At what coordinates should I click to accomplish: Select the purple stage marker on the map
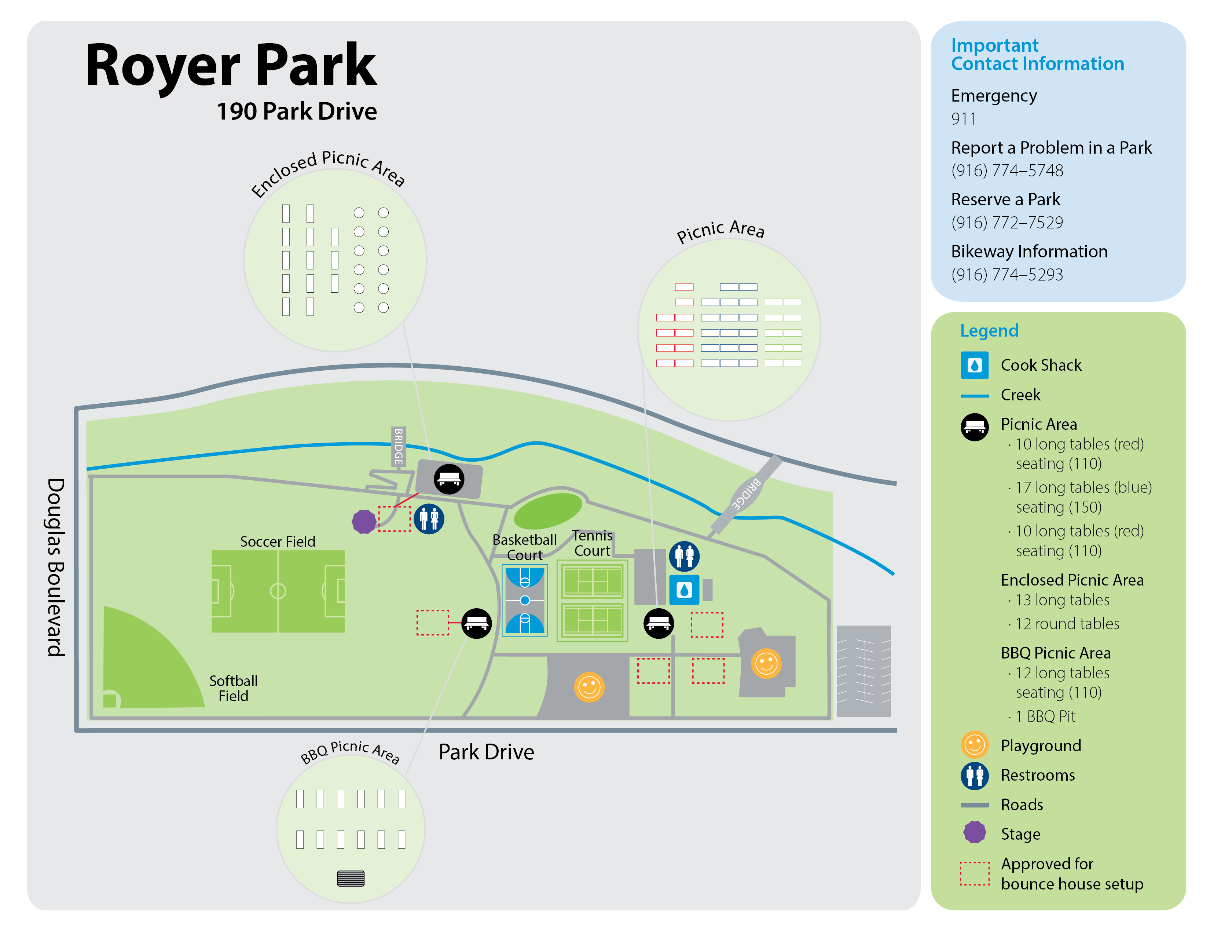point(364,521)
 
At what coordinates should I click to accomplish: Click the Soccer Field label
point(278,541)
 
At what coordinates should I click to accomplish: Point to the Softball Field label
point(233,688)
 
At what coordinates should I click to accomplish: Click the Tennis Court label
point(592,543)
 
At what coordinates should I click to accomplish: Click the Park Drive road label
point(487,752)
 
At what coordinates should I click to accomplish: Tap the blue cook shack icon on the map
point(684,590)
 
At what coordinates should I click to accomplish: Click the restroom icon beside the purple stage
point(429,519)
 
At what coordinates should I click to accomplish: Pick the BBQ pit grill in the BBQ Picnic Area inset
point(351,878)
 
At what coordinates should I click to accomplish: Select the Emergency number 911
point(964,118)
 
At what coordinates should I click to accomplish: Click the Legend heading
point(989,331)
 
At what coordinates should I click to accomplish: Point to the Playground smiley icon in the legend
point(975,745)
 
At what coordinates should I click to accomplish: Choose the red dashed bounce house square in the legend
point(975,873)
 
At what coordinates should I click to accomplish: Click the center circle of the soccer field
point(278,591)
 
